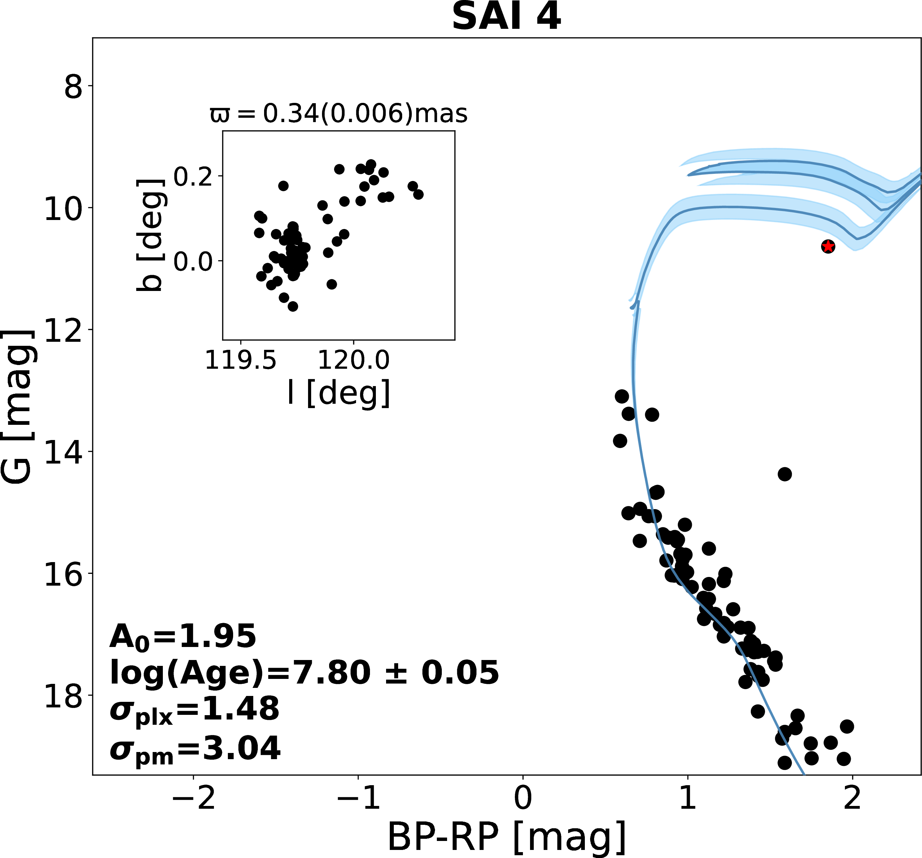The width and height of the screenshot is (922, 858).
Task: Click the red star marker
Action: coord(828,247)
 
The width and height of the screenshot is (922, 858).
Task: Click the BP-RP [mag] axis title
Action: coord(507,837)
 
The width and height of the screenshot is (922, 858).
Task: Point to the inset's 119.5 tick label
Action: coord(240,360)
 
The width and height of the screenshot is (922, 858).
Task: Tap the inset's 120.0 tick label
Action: coord(354,360)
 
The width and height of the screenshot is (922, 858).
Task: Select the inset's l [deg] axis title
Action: coord(339,393)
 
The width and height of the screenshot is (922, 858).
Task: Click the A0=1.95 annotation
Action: coord(183,636)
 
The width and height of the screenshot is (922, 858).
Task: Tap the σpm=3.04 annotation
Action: coord(195,748)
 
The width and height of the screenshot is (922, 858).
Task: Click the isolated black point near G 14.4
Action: coord(784,474)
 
